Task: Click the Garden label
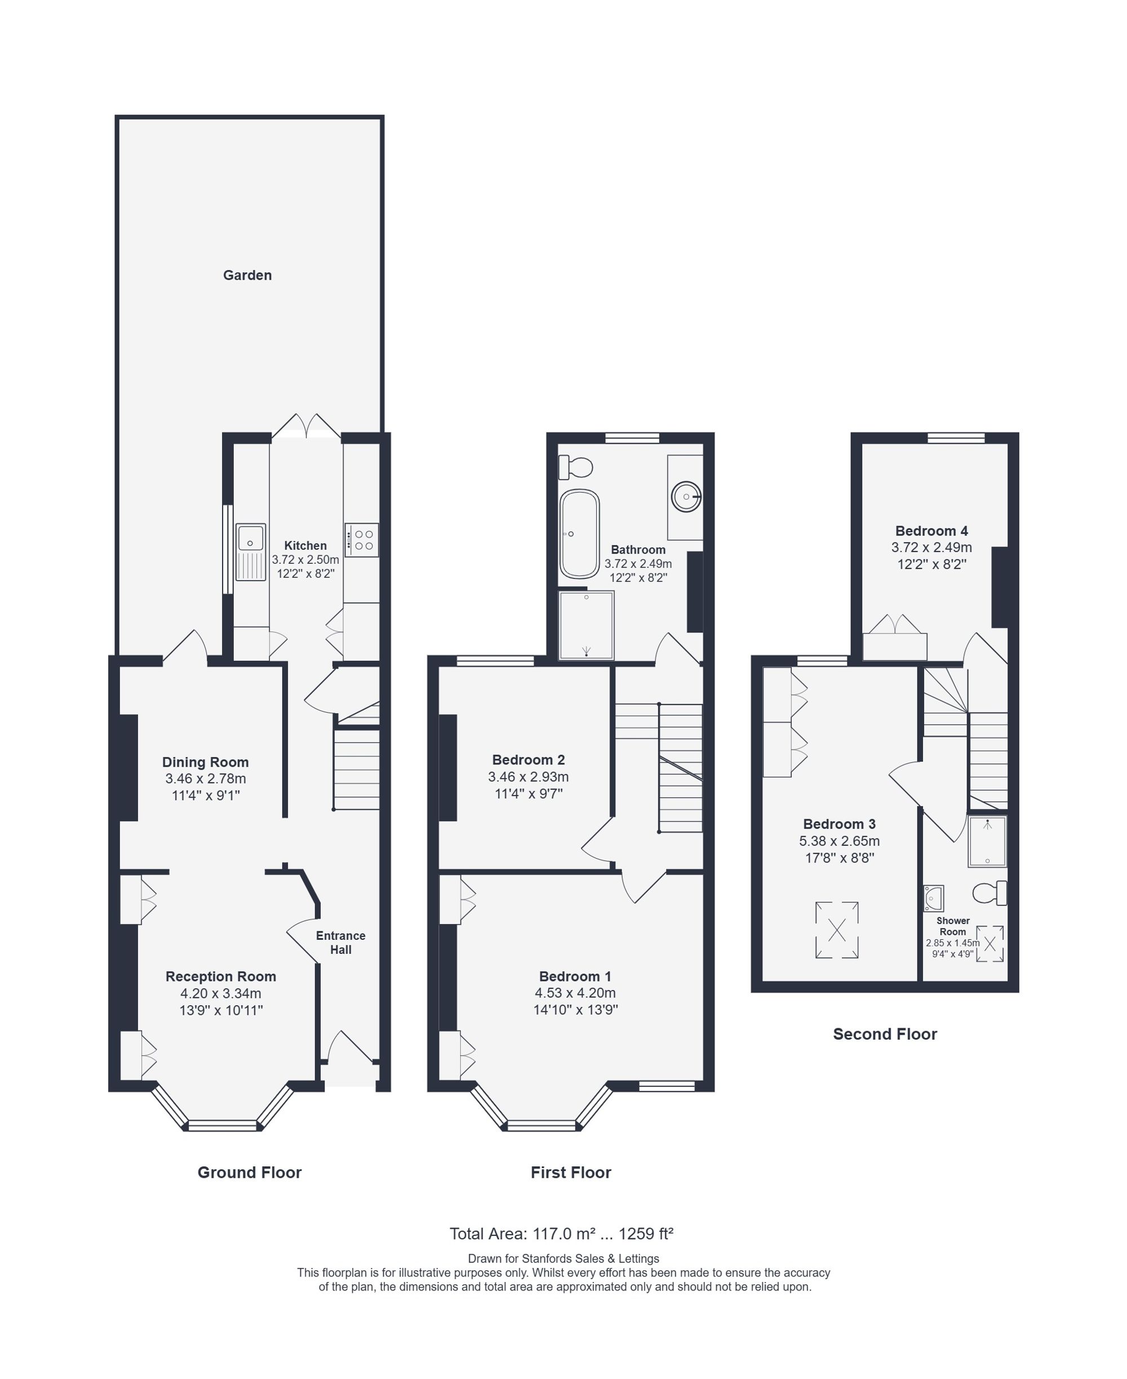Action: click(247, 276)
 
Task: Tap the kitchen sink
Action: click(251, 551)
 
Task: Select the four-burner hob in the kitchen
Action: click(362, 540)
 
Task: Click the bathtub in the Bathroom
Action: click(580, 534)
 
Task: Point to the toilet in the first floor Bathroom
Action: click(576, 466)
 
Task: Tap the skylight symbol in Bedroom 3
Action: click(837, 930)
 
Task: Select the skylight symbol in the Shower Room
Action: click(990, 944)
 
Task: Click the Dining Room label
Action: click(205, 762)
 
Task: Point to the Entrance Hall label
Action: click(341, 943)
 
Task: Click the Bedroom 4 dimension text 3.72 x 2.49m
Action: click(931, 547)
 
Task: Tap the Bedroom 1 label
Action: click(575, 976)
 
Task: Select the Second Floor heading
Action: click(885, 1034)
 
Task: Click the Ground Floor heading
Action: click(249, 1173)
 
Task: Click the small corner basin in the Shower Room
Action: click(934, 898)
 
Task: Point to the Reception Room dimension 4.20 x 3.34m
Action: click(221, 993)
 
